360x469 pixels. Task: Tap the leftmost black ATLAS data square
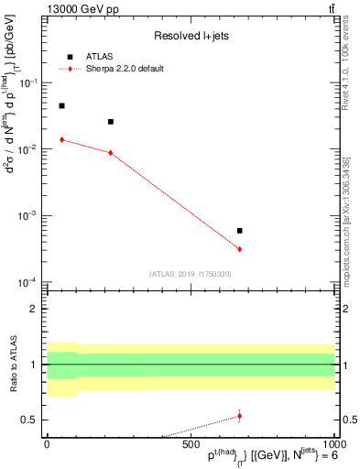point(61,106)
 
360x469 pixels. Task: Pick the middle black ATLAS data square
point(111,122)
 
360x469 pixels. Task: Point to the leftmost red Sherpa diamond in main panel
point(61,139)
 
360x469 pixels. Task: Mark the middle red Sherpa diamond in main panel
point(111,152)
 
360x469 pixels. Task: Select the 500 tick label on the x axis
point(190,444)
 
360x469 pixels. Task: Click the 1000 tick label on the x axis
point(332,444)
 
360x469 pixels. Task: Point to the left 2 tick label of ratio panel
point(35,310)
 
